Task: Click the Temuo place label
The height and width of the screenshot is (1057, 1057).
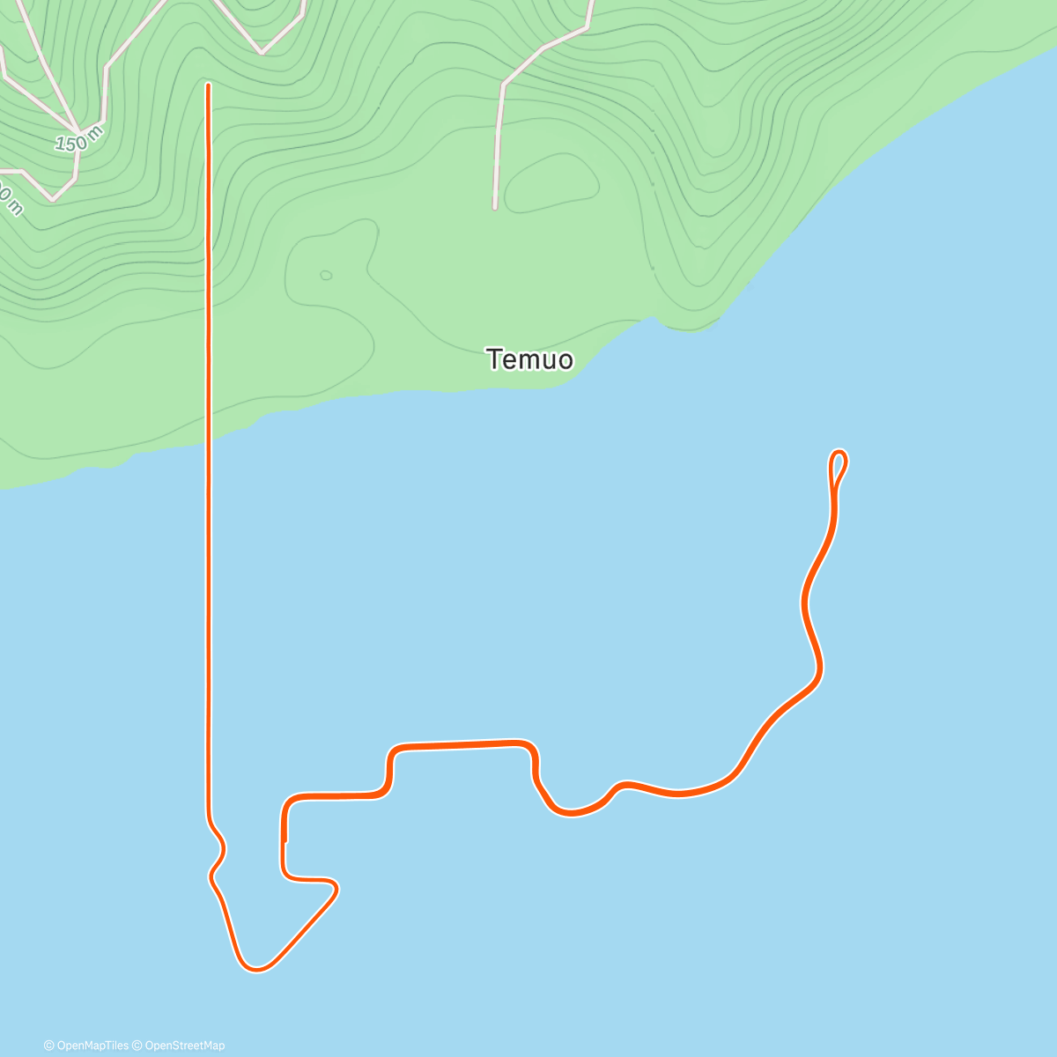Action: point(529,359)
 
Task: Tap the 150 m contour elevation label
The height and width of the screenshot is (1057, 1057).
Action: point(78,139)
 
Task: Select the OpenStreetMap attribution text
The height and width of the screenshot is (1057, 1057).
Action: point(184,1046)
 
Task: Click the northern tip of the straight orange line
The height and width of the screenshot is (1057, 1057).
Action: point(208,85)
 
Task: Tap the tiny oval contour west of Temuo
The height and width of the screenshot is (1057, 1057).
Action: point(326,276)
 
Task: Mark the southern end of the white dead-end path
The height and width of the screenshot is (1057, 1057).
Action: point(495,207)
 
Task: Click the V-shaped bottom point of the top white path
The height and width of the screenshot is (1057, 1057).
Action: point(262,52)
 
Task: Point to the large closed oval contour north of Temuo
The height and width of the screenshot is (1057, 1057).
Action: point(553,183)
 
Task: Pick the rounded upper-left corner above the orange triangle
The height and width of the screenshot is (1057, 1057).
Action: point(287,802)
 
